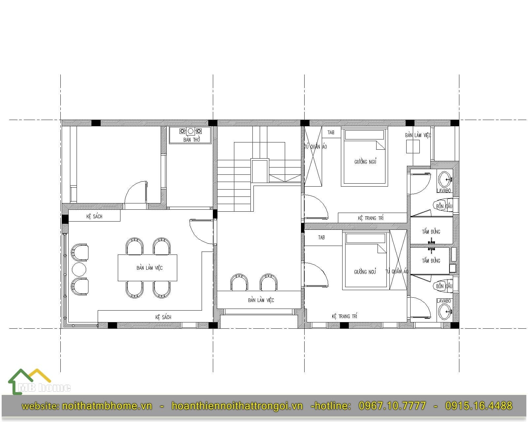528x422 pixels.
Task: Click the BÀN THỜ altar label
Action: (192, 140)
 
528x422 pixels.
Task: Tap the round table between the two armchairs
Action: (79, 269)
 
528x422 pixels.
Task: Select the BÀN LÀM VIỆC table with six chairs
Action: (148, 268)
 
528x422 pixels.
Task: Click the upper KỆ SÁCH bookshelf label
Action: (94, 216)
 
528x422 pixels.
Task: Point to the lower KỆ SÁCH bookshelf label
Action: (163, 317)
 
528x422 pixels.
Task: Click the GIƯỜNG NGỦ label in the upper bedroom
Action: (365, 162)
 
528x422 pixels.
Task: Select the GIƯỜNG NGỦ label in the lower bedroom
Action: (365, 272)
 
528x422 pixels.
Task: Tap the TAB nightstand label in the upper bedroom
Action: (331, 133)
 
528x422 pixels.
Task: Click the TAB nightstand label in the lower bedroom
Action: (321, 237)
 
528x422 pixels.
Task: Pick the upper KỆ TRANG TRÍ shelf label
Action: (371, 218)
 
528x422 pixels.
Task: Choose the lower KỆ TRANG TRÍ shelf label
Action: (345, 316)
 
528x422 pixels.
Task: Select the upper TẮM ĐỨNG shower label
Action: (431, 231)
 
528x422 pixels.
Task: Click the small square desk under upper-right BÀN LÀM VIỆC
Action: (413, 147)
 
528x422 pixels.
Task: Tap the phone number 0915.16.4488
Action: (478, 406)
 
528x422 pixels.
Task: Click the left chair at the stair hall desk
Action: (239, 282)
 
